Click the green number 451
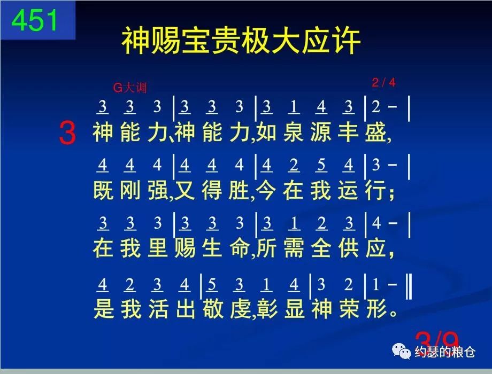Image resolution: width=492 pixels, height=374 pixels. click(35, 20)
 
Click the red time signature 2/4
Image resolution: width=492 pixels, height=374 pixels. click(383, 82)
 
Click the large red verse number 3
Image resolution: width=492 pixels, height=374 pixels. click(67, 134)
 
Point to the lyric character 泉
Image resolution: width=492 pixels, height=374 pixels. click(294, 132)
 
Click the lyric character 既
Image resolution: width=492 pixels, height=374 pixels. click(103, 191)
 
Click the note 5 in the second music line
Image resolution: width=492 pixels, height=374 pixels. click(321, 166)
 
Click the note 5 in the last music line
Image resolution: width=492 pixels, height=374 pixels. click(212, 286)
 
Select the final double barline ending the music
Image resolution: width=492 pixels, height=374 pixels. click(409, 285)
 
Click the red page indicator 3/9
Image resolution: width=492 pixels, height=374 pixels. click(437, 341)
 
